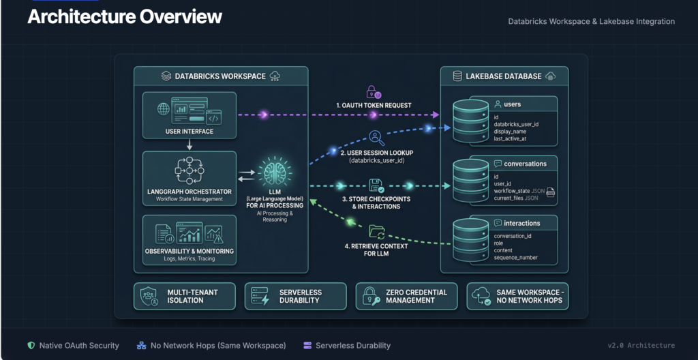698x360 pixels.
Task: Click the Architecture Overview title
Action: [125, 17]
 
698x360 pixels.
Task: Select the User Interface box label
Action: [189, 131]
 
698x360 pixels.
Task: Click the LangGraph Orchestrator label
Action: [189, 191]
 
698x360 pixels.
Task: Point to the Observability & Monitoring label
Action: [189, 251]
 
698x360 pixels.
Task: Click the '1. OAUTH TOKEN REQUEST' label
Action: [373, 106]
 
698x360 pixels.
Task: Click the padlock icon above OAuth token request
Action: [373, 91]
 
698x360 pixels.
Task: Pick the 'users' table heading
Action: [512, 104]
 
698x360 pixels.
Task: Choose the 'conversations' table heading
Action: [525, 164]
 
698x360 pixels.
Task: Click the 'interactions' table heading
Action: [521, 223]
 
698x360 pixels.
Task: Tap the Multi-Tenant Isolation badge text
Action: [192, 296]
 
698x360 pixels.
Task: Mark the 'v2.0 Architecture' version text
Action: [641, 345]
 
